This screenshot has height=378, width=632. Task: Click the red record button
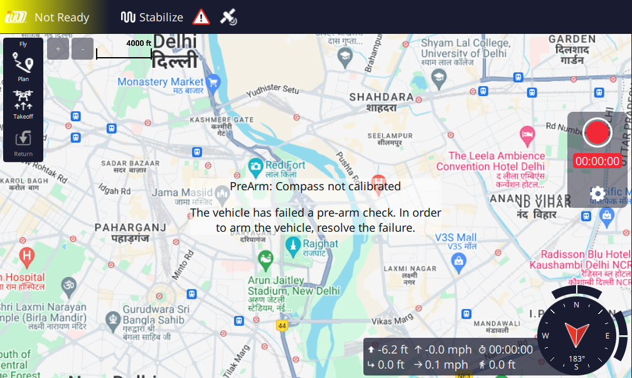click(x=597, y=132)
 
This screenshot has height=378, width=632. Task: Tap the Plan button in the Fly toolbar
click(x=23, y=66)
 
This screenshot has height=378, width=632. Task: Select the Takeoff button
click(x=23, y=104)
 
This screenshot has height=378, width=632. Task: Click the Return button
click(x=23, y=142)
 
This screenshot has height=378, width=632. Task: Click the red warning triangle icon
click(x=201, y=17)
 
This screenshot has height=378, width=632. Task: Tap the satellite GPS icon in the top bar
click(x=228, y=17)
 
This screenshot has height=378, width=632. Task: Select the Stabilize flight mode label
click(x=153, y=17)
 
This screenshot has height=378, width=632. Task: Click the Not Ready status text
click(x=62, y=17)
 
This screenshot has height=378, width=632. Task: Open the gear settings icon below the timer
click(x=597, y=193)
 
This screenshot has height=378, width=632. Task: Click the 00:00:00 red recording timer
click(x=597, y=161)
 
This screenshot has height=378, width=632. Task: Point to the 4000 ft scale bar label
click(x=139, y=43)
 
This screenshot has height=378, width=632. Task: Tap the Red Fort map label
click(x=286, y=165)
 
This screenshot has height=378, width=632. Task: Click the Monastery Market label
click(x=161, y=82)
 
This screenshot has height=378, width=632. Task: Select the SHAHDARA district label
click(x=382, y=97)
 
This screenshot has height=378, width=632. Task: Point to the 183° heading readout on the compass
click(x=576, y=359)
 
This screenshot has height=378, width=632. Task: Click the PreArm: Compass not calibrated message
click(x=315, y=186)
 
